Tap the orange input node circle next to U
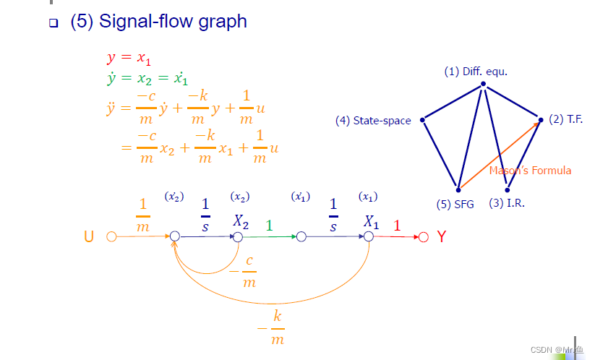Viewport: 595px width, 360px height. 111,236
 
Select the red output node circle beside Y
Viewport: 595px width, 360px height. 424,236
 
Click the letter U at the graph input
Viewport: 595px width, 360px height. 89,236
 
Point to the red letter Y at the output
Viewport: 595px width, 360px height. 441,236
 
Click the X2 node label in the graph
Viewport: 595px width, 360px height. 241,221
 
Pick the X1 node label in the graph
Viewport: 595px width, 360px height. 372,221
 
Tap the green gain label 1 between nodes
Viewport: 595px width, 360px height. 270,225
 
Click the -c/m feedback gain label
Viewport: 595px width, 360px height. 243,271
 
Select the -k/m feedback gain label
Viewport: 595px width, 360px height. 271,327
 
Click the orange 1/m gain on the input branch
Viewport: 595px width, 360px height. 143,215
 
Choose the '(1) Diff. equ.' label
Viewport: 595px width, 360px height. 477,72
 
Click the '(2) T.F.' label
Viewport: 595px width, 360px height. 565,119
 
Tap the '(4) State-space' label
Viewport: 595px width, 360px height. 373,121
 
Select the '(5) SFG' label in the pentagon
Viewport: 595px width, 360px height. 455,204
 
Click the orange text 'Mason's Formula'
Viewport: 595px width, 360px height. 530,171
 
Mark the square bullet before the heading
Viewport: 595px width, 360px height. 53,23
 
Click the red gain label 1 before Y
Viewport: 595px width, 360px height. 396,225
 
